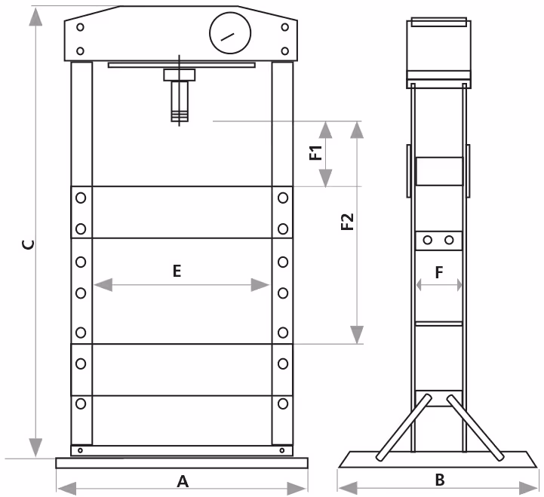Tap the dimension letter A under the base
pyautogui.click(x=183, y=481)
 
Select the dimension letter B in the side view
pyautogui.click(x=440, y=480)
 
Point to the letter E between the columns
pyautogui.click(x=177, y=271)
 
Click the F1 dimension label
pyautogui.click(x=315, y=153)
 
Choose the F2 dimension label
pyautogui.click(x=347, y=222)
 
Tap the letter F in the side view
pyautogui.click(x=439, y=272)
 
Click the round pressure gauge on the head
pyautogui.click(x=230, y=33)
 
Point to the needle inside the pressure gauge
pyautogui.click(x=228, y=37)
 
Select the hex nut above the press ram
pyautogui.click(x=180, y=75)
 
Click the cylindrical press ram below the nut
pyautogui.click(x=180, y=101)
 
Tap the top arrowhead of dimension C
pyautogui.click(x=35, y=17)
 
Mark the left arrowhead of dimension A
pyautogui.click(x=67, y=489)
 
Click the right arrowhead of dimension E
pyautogui.click(x=260, y=285)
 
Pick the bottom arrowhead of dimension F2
pyautogui.click(x=357, y=335)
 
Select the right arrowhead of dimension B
pyautogui.click(x=528, y=489)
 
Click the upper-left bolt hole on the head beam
pyautogui.click(x=80, y=27)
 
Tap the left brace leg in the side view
pyautogui.click(x=404, y=428)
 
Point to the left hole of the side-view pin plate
pyautogui.click(x=427, y=240)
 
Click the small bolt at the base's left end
pyautogui.click(x=80, y=450)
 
